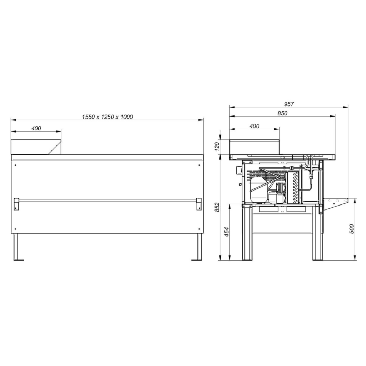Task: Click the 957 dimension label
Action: click(x=289, y=104)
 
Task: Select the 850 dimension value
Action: click(x=282, y=113)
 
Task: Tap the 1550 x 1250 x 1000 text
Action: click(x=107, y=117)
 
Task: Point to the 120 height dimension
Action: click(x=217, y=147)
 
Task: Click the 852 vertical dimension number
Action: click(x=217, y=207)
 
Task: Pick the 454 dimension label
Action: click(x=227, y=232)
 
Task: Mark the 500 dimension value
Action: click(x=352, y=229)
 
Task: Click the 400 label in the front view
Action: click(x=36, y=128)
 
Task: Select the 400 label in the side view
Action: click(x=254, y=126)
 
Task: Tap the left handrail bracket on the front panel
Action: click(x=16, y=204)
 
